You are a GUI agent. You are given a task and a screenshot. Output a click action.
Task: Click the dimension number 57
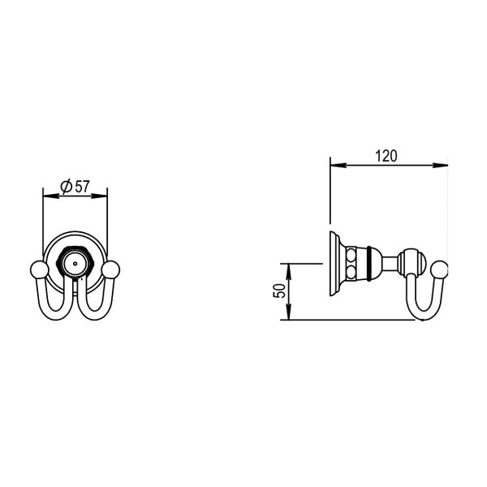[82, 187]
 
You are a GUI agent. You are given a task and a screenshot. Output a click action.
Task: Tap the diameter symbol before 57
[67, 187]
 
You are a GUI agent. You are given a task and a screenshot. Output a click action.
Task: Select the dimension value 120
[386, 156]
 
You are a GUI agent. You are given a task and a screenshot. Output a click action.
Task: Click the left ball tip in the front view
[40, 269]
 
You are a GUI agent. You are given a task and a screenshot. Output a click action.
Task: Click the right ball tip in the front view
[110, 269]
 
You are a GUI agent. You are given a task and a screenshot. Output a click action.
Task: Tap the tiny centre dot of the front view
[75, 264]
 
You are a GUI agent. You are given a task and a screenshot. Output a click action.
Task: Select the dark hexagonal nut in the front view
[75, 263]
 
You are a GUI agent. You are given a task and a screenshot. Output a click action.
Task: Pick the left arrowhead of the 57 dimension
[50, 196]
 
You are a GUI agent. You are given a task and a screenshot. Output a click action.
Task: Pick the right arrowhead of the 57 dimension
[99, 196]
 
